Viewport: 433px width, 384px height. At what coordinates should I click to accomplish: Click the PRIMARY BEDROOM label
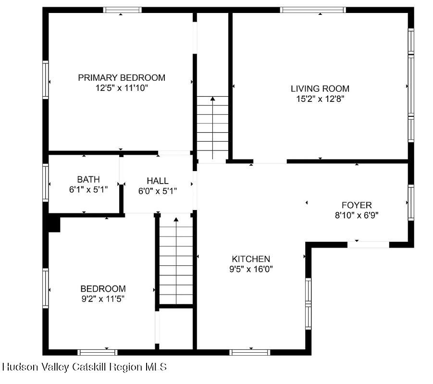(122, 77)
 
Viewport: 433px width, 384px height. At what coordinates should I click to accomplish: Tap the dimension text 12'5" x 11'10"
(122, 88)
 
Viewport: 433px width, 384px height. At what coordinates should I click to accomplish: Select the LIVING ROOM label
(320, 88)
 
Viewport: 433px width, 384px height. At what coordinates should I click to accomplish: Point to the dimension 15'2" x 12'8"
(320, 99)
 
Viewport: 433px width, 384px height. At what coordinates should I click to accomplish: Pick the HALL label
(158, 181)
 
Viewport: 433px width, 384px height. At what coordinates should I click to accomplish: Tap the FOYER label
(357, 205)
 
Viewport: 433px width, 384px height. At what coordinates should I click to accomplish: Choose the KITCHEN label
(251, 259)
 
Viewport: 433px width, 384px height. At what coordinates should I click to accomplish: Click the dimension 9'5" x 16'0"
(251, 269)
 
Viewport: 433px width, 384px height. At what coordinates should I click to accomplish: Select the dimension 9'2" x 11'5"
(103, 298)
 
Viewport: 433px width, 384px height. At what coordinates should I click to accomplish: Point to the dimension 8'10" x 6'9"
(357, 215)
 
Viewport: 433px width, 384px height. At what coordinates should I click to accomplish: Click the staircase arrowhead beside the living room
(212, 99)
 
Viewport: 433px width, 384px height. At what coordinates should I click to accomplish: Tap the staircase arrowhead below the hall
(176, 220)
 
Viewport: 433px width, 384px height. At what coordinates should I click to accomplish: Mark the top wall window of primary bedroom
(123, 10)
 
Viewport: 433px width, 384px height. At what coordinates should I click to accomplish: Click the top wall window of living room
(313, 10)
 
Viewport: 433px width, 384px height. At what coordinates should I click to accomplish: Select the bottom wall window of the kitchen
(250, 352)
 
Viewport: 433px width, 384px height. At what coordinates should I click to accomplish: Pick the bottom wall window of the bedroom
(98, 352)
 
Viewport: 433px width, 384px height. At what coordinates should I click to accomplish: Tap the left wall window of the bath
(46, 183)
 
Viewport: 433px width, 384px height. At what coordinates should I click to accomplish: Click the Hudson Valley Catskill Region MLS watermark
(85, 367)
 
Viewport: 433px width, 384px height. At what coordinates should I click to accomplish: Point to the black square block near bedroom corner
(54, 223)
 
